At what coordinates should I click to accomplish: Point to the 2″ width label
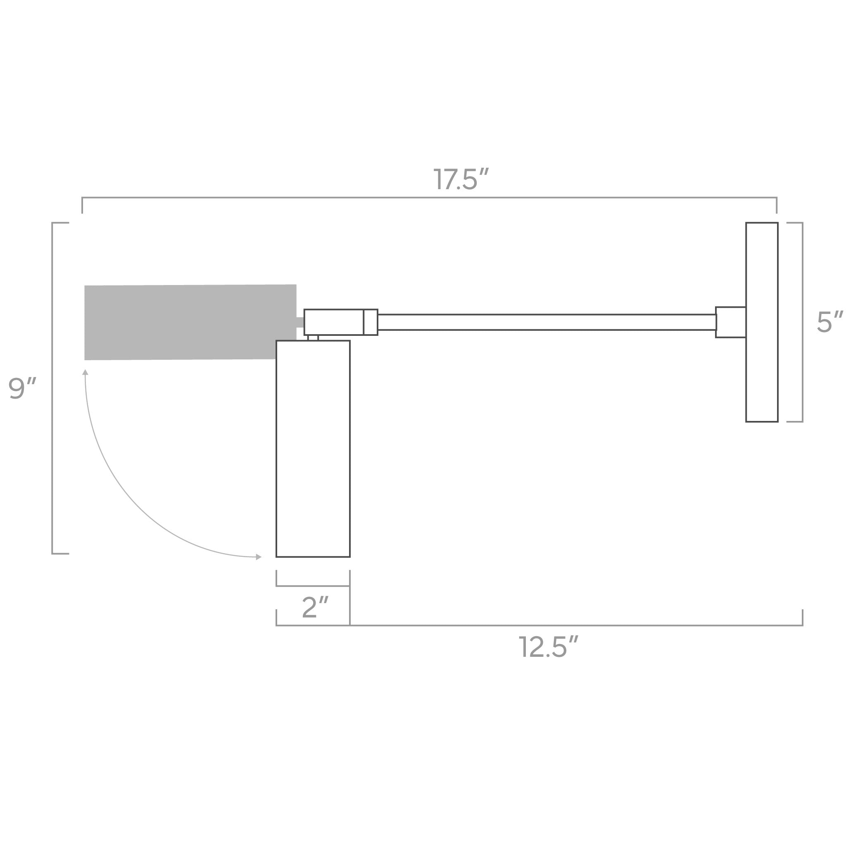[x=315, y=607]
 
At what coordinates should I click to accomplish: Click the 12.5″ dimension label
[x=548, y=647]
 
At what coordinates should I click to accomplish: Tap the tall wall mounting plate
[x=762, y=322]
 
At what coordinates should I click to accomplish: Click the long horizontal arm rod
[x=547, y=322]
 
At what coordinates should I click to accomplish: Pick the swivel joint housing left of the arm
[x=334, y=322]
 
